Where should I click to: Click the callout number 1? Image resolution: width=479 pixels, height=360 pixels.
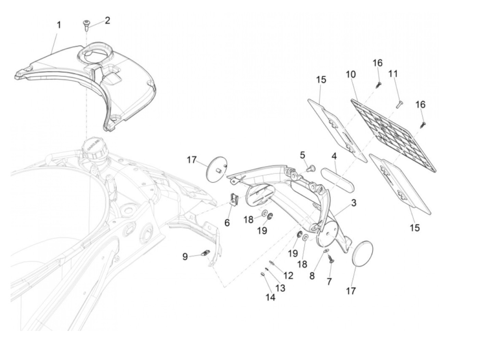[59, 25]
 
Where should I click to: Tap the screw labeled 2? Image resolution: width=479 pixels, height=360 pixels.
[86, 25]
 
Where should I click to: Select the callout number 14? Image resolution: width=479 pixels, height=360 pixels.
[270, 297]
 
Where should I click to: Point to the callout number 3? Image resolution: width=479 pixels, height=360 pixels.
[353, 203]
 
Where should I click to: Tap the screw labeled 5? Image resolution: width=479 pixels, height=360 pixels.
[311, 168]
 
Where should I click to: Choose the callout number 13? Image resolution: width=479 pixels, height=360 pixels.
[280, 288]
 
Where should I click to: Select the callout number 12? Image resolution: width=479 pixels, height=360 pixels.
[288, 275]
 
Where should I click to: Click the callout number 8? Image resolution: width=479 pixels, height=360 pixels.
[312, 276]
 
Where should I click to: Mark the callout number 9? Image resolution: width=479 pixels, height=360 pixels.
[185, 256]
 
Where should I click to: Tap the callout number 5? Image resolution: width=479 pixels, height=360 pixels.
[302, 155]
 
